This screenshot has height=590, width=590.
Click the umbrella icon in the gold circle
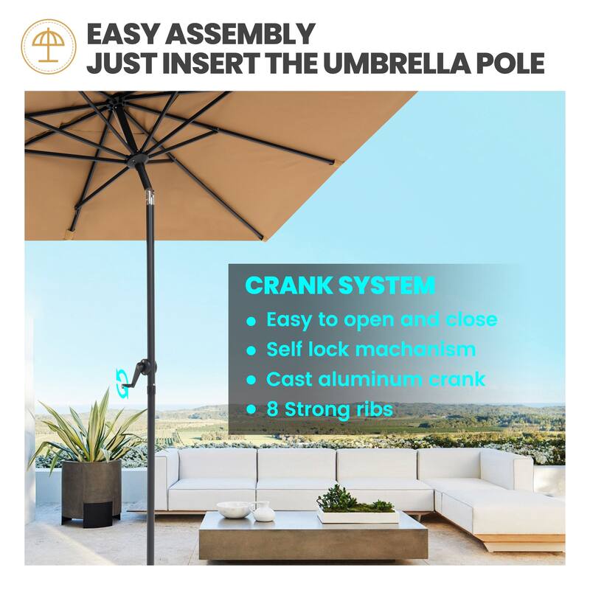[48, 46]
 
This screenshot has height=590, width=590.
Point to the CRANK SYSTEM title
[339, 285]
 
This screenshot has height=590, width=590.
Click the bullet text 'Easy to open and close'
[381, 320]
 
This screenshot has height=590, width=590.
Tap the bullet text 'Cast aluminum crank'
[375, 379]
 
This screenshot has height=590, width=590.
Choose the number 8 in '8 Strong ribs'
[272, 409]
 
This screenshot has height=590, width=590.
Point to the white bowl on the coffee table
[233, 509]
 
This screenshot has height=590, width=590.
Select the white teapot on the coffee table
[263, 510]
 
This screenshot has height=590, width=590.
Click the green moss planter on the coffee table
[355, 503]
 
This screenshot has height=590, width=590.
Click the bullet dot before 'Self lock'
[251, 350]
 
